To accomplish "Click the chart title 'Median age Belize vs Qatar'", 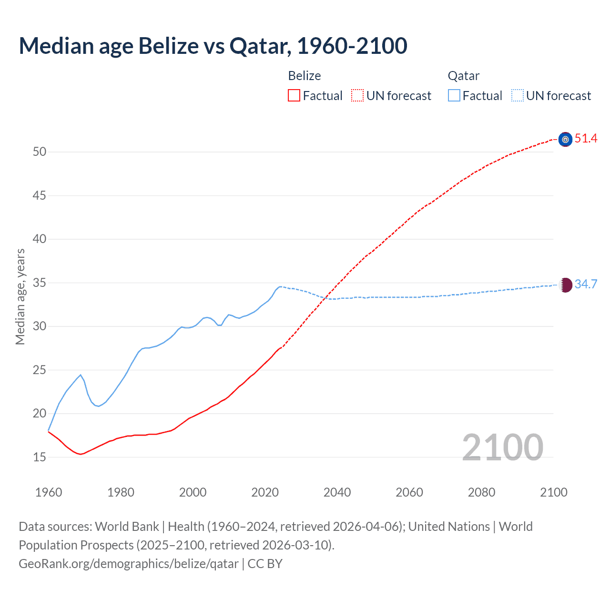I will [x=213, y=46].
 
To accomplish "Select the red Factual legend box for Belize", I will [x=294, y=96].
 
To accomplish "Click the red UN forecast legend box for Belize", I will [x=357, y=96].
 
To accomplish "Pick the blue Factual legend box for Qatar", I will [x=454, y=96].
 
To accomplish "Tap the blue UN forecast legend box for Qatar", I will [x=517, y=96].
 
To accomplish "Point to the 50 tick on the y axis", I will [x=40, y=152].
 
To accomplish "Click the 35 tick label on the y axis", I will [x=40, y=283].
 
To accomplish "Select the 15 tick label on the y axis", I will [x=40, y=457].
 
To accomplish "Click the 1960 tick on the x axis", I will [x=49, y=492].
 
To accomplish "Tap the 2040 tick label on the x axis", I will [x=337, y=492].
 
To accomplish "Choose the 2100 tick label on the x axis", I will [x=553, y=492].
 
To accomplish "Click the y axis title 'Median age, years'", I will [x=20, y=296].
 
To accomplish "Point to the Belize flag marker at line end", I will [x=565, y=139].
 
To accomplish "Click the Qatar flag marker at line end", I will [x=565, y=285].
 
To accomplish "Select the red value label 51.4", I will [x=586, y=139].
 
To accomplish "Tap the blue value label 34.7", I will [x=586, y=285].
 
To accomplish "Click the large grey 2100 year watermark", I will [x=502, y=447].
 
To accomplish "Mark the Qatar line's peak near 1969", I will [x=81, y=375].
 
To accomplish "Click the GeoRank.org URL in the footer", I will [x=129, y=564].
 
